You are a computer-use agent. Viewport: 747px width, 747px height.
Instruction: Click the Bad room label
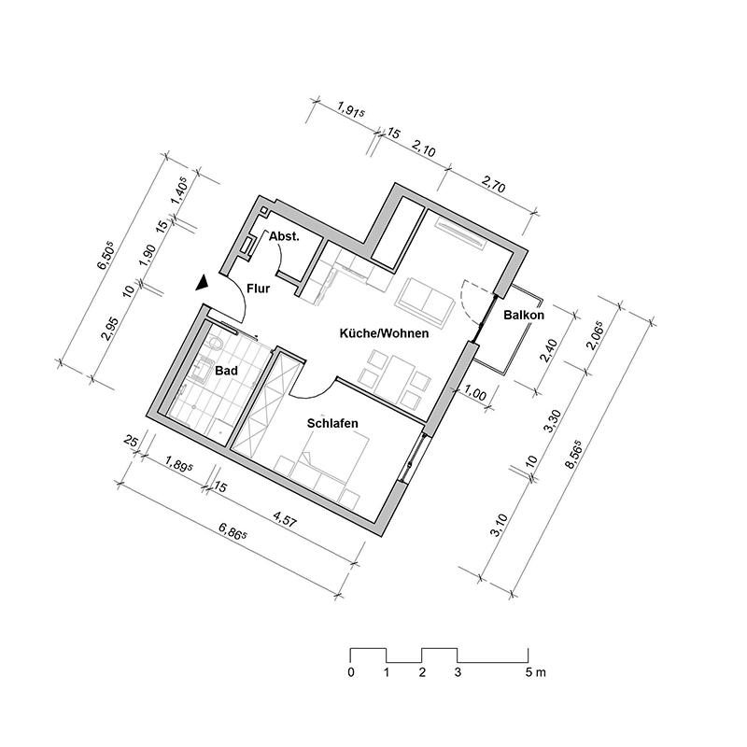click(x=226, y=371)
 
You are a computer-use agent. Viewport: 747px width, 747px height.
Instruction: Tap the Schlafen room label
click(x=333, y=423)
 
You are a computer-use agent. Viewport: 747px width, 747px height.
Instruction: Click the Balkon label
click(x=523, y=316)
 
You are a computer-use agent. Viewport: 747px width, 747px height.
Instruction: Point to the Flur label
click(x=258, y=289)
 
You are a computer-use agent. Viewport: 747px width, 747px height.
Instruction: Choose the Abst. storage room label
click(x=284, y=238)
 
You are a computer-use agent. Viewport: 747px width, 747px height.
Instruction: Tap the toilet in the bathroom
click(x=216, y=347)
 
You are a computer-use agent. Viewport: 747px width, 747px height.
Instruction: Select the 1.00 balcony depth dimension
click(x=474, y=396)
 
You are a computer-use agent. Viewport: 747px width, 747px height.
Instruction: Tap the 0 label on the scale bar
click(x=350, y=672)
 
